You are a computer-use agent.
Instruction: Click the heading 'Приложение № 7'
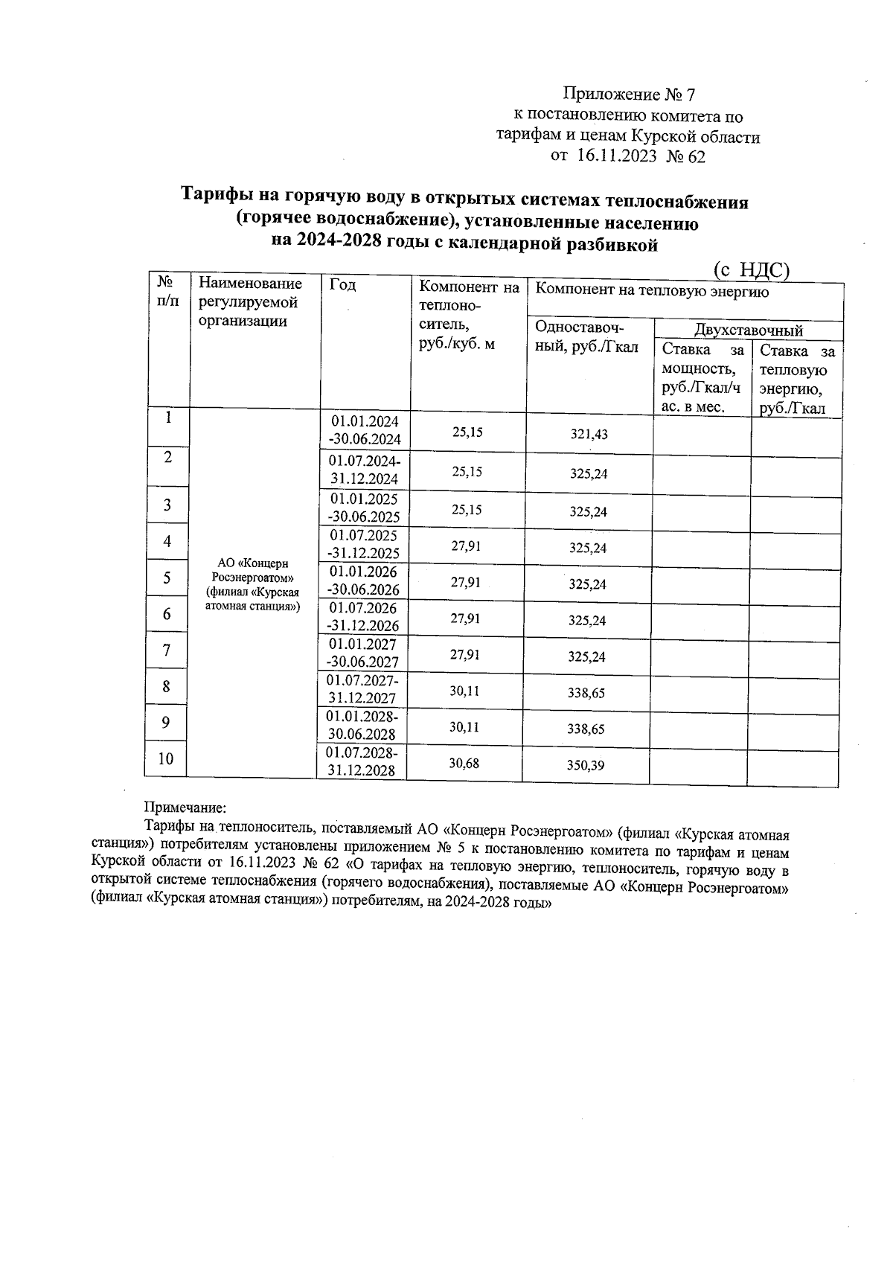[x=629, y=95]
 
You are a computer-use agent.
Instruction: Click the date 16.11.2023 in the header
[x=617, y=156]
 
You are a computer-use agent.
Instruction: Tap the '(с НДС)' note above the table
[x=750, y=269]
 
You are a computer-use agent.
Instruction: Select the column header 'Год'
[x=342, y=286]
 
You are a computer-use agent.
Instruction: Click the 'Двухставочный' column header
[x=748, y=330]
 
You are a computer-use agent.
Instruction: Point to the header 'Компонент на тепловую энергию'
[x=652, y=291]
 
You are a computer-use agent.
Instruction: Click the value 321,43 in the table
[x=589, y=434]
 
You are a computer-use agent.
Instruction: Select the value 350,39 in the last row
[x=586, y=765]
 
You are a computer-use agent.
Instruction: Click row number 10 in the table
[x=166, y=758]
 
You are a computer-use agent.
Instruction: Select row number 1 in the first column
[x=169, y=418]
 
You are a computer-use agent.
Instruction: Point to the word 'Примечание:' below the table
[x=185, y=807]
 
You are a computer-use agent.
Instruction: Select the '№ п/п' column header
[x=167, y=290]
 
